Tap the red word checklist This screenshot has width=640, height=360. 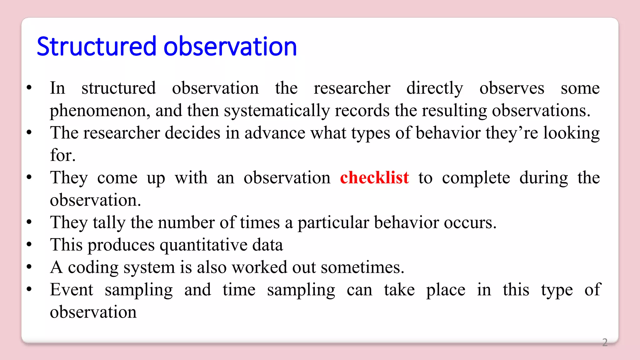[x=374, y=177]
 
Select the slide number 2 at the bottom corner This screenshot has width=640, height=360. [x=605, y=342]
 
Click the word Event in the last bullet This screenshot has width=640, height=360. [x=72, y=290]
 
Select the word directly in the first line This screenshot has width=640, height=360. [x=435, y=88]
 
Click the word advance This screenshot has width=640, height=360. [x=275, y=133]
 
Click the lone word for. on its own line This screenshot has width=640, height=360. [x=63, y=155]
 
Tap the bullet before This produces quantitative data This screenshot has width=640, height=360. [x=29, y=244]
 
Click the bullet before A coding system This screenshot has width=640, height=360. [x=29, y=267]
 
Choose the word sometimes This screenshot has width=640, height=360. [x=362, y=267]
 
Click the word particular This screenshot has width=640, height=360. [x=333, y=223]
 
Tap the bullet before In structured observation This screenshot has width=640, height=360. [x=29, y=88]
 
